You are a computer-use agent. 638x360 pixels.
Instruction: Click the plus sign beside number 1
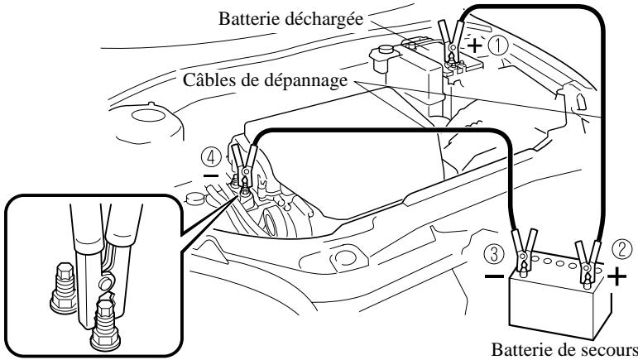click(475, 48)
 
